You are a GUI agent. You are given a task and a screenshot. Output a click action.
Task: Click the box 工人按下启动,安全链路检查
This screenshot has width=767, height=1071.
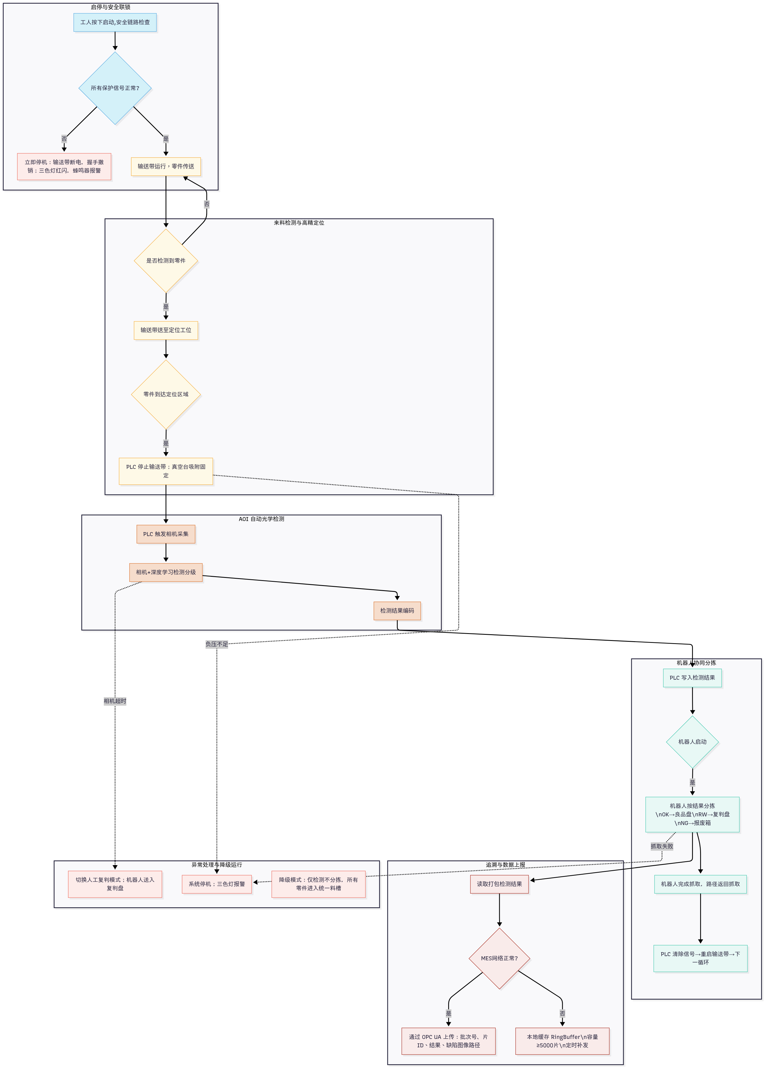(x=115, y=22)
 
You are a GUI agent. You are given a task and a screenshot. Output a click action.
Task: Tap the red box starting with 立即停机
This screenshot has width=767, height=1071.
(x=64, y=166)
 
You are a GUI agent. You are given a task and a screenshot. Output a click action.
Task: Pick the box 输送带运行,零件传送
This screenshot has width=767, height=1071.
(x=166, y=166)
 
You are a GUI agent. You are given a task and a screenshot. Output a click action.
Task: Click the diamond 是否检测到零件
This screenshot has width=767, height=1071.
(x=166, y=261)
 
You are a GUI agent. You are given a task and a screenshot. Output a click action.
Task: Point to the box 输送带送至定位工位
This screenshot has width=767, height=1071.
(x=166, y=330)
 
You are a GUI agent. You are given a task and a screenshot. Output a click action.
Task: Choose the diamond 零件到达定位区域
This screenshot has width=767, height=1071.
(x=166, y=394)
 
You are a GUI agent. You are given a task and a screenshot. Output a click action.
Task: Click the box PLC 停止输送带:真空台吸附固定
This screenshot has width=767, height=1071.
(x=166, y=471)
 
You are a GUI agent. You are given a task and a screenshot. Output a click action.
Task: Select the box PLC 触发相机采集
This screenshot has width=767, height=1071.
(x=166, y=534)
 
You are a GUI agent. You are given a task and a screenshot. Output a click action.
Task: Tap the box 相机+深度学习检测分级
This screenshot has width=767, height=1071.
(x=166, y=572)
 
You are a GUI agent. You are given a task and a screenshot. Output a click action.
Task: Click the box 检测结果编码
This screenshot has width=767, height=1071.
(x=397, y=611)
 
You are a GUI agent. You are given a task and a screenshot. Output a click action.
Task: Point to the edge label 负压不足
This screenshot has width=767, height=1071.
(x=217, y=644)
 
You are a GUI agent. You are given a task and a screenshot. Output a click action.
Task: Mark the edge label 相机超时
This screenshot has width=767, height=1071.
(x=115, y=701)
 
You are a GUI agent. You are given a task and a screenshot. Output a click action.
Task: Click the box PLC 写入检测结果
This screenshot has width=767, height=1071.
(x=692, y=678)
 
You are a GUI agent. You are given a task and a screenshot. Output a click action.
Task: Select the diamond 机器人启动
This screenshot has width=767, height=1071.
(x=692, y=742)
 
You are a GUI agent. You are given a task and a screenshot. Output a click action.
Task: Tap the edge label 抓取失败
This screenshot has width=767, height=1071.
(x=662, y=846)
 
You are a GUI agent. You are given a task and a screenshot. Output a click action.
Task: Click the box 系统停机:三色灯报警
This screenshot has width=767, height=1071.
(x=217, y=884)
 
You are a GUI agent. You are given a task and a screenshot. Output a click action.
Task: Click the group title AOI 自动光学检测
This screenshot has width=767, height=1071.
(x=261, y=519)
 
